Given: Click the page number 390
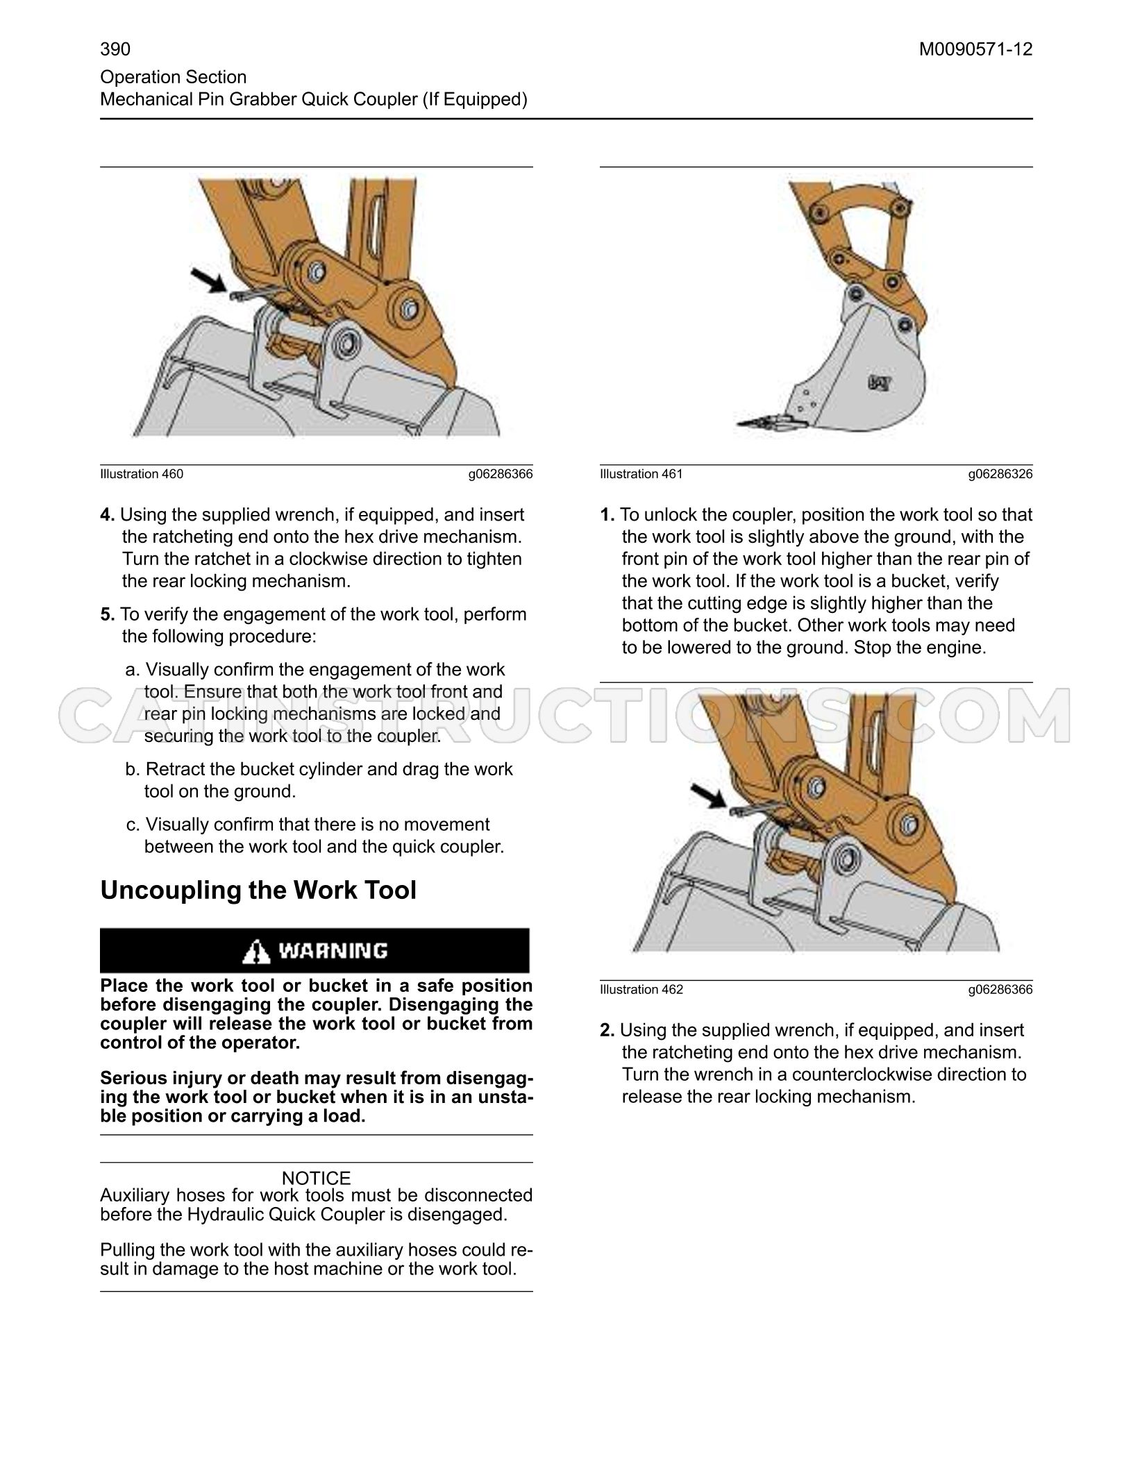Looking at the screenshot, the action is pos(115,49).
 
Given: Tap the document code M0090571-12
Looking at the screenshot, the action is pos(976,49).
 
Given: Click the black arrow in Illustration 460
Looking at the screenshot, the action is pos(208,280).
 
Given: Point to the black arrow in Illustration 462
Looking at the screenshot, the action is pos(709,795).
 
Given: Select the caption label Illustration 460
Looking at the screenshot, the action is pos(142,474).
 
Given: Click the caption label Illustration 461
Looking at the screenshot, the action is pos(641,474).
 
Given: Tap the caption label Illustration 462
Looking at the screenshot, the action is pos(641,990).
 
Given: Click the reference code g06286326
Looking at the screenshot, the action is pos(1000,474).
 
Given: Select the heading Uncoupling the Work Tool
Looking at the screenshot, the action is pos(258,891).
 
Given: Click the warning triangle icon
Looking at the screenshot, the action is pos(256,951).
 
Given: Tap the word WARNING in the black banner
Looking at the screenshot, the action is pos(333,951).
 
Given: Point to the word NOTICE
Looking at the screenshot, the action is pos(316,1178).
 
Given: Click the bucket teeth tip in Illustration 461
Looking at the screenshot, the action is pos(739,423).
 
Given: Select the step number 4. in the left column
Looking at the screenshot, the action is pos(108,515).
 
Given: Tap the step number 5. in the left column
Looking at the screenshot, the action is pos(108,614).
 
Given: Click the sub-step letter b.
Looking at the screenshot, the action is pos(133,769).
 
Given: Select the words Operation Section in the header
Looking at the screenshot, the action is pos(174,77).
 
